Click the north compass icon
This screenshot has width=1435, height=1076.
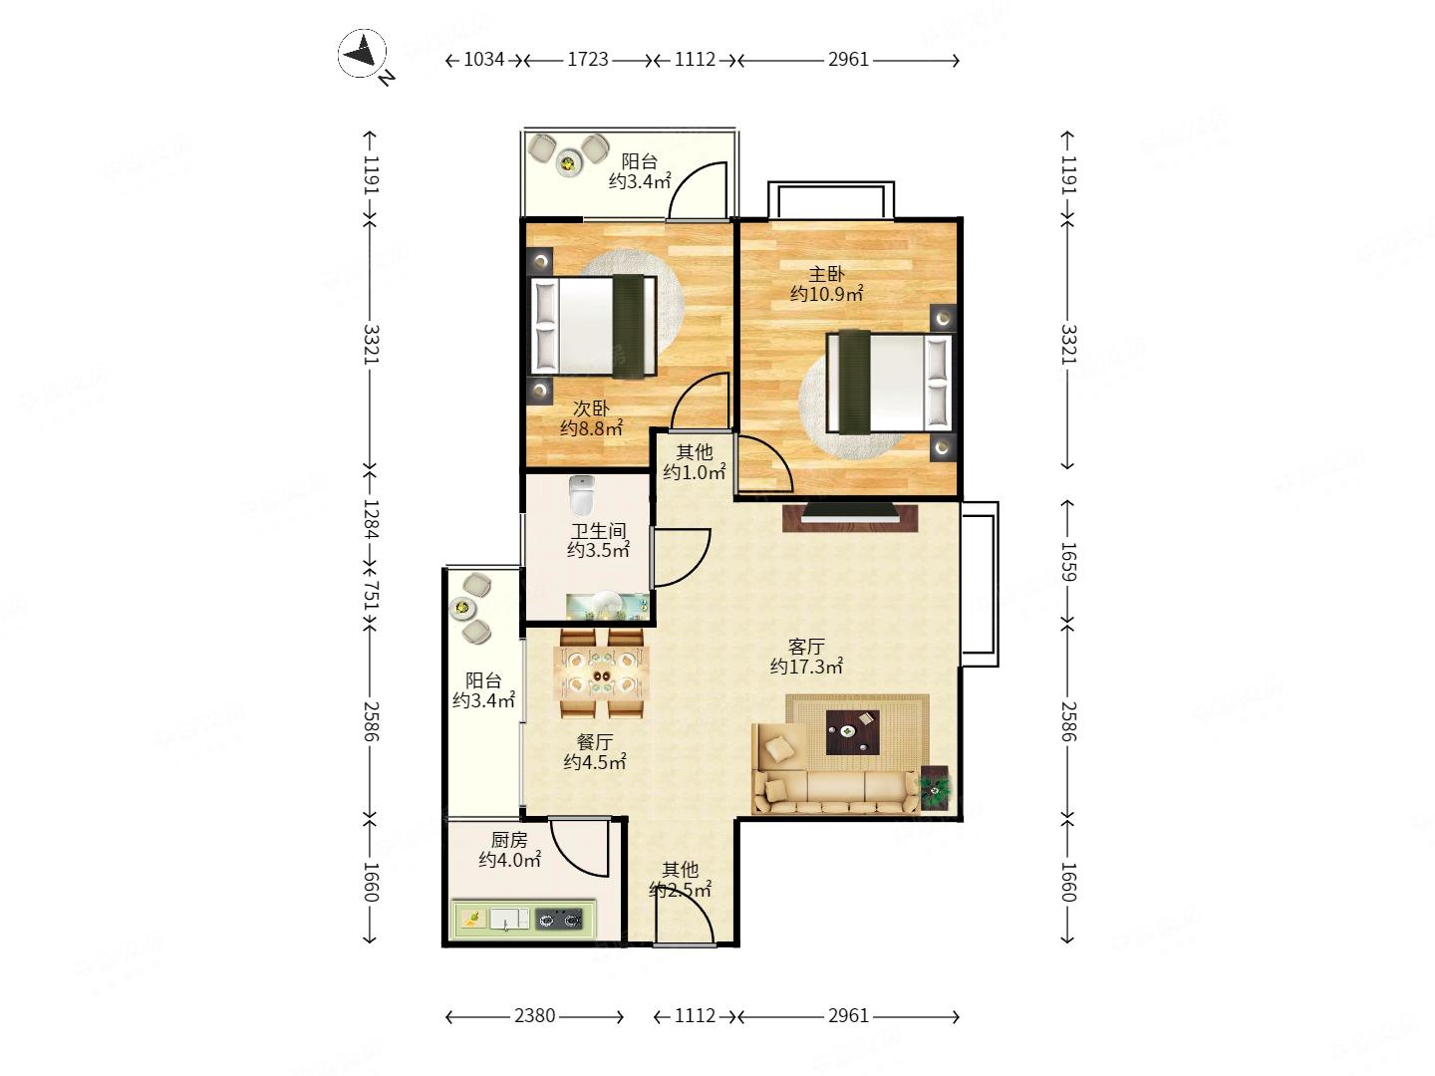tap(362, 53)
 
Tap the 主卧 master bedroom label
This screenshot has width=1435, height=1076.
tap(826, 274)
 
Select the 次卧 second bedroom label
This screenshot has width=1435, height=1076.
tap(590, 408)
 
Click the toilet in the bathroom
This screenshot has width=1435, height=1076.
tap(581, 494)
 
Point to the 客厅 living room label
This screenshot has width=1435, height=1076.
tap(805, 647)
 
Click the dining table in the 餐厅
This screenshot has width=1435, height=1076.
tap(602, 673)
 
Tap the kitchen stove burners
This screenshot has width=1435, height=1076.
tap(558, 920)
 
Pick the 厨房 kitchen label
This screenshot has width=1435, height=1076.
tap(508, 840)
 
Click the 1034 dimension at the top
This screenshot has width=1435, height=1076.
tap(483, 60)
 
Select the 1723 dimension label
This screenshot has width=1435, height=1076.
tap(588, 60)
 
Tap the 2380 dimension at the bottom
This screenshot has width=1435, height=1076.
tap(534, 1015)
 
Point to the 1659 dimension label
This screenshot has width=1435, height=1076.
tap(1067, 562)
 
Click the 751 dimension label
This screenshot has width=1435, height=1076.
tap(370, 595)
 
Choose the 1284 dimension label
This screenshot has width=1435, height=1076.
tap(370, 519)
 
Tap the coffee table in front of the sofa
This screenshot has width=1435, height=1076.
tap(852, 731)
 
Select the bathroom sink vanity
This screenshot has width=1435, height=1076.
tap(608, 607)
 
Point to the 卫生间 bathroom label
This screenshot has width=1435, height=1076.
tap(598, 530)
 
